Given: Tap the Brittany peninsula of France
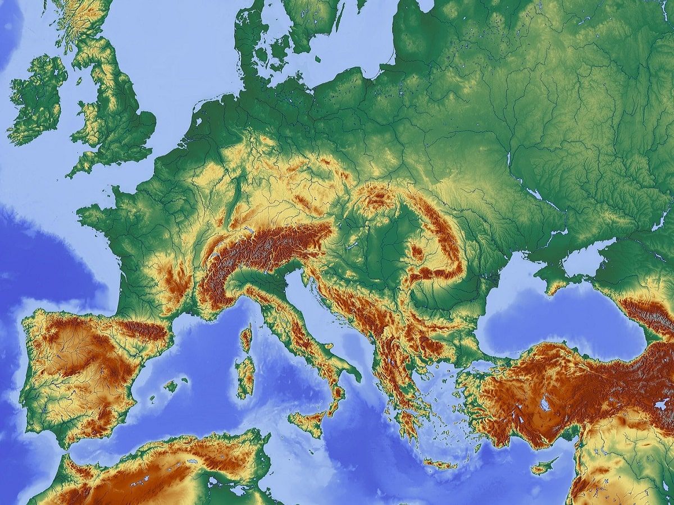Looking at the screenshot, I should [93, 213].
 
